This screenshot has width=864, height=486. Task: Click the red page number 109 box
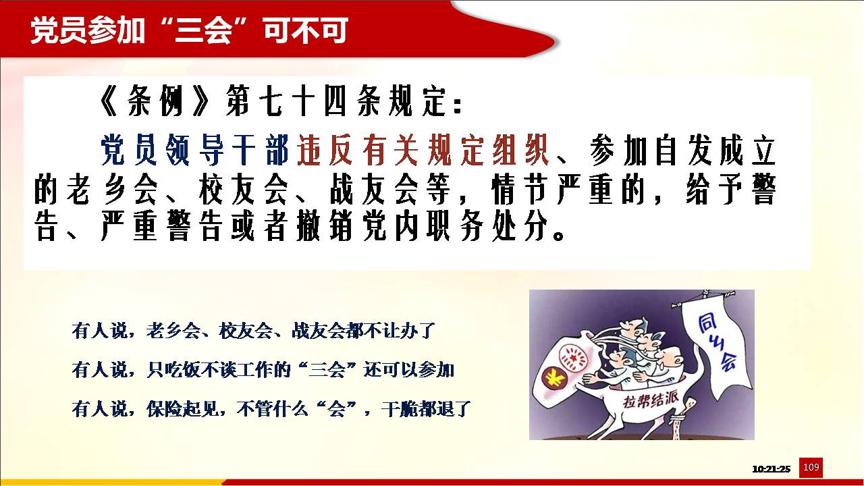click(x=811, y=468)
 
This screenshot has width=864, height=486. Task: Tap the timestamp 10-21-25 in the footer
click(x=771, y=469)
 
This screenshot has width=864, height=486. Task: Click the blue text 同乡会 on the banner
click(x=718, y=344)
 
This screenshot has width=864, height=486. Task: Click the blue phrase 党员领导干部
click(x=195, y=150)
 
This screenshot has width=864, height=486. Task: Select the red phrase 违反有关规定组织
click(x=423, y=150)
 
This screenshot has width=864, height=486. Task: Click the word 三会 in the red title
click(x=203, y=30)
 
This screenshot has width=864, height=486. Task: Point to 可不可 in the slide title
click(x=306, y=30)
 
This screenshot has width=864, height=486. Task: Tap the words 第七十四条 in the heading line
click(x=303, y=101)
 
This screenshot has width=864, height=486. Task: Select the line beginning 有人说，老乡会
click(x=253, y=331)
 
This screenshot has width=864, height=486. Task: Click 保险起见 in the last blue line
click(x=182, y=409)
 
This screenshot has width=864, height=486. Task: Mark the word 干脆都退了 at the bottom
click(x=426, y=409)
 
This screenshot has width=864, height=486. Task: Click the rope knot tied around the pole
click(x=678, y=419)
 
